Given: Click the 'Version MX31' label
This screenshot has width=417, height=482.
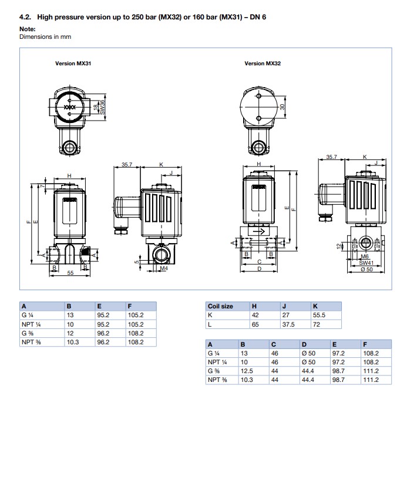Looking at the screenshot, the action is pos(73,64).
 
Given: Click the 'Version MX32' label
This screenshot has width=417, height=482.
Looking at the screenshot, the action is pos(263,64).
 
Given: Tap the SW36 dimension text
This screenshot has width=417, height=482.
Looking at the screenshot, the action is pos(102,107).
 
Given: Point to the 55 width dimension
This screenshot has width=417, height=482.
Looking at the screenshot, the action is pos(70,272).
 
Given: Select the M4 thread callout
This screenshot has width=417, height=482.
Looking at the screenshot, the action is pos(164,268).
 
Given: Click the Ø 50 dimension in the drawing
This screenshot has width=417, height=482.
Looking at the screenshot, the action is pos(366,270).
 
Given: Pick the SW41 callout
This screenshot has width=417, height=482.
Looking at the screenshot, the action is pos(366,263).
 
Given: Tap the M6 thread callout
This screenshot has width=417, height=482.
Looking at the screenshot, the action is pos(365,257).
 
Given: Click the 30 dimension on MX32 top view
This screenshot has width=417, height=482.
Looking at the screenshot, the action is pos(283,107).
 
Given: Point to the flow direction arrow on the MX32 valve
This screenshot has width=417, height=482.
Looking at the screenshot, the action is pos(259,231).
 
